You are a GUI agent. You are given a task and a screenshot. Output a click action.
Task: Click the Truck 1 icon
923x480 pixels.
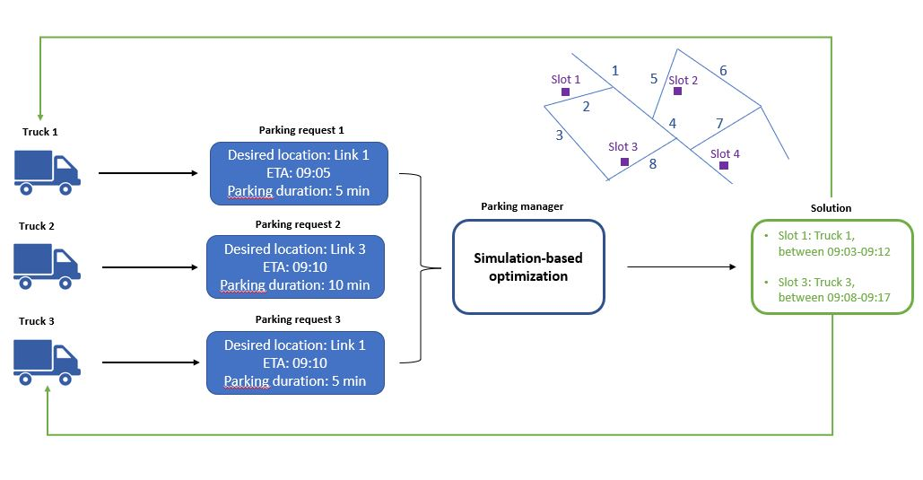pyautogui.click(x=46, y=172)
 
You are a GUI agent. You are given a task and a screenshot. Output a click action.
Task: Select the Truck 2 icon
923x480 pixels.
pyautogui.click(x=47, y=266)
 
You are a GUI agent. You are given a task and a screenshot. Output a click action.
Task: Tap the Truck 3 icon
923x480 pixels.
pyautogui.click(x=47, y=362)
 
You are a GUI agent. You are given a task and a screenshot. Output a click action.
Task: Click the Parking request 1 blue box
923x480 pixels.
pyautogui.click(x=298, y=172)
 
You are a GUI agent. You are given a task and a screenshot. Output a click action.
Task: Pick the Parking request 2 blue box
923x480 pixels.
pyautogui.click(x=294, y=267)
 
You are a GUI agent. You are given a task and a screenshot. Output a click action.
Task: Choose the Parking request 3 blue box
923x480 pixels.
pyautogui.click(x=294, y=362)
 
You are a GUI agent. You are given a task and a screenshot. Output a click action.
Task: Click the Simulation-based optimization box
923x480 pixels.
pyautogui.click(x=528, y=266)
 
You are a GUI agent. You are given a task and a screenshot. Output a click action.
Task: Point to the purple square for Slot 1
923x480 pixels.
pyautogui.click(x=565, y=92)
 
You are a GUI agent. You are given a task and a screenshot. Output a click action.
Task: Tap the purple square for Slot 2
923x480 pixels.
pyautogui.click(x=677, y=91)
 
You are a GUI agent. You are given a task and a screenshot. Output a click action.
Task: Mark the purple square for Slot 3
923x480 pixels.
pyautogui.click(x=624, y=161)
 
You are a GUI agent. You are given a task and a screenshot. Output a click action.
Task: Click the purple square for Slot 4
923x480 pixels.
pyautogui.click(x=723, y=165)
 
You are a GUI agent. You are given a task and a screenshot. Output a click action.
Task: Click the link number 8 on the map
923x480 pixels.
pyautogui.click(x=653, y=164)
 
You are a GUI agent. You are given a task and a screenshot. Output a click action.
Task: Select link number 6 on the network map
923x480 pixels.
pyautogui.click(x=723, y=71)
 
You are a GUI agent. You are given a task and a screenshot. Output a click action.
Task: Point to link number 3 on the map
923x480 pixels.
pyautogui.click(x=559, y=135)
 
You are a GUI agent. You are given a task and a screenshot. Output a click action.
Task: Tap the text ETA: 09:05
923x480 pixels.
pyautogui.click(x=298, y=172)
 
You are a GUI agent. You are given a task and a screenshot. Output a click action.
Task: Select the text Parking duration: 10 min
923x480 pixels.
pyautogui.click(x=294, y=285)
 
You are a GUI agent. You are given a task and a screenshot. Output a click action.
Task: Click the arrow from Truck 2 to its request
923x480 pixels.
pyautogui.click(x=150, y=266)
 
